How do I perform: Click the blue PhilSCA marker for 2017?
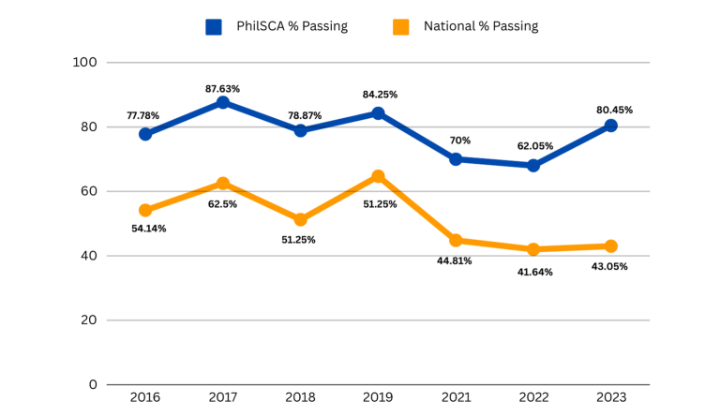(x=223, y=102)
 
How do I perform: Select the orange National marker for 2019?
(x=378, y=176)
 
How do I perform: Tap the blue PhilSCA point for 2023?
(x=610, y=126)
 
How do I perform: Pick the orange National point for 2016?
(x=145, y=210)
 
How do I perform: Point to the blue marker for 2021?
(x=456, y=159)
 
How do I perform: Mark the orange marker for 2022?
(x=532, y=249)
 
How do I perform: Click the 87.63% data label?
(x=223, y=89)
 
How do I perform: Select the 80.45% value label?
(x=614, y=110)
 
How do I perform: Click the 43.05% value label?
(x=608, y=266)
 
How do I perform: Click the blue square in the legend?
(x=214, y=27)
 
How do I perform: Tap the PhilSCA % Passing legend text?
(x=292, y=27)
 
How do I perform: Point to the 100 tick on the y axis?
(x=85, y=63)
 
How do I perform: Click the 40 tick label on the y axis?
(x=88, y=256)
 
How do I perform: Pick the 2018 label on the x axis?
(x=300, y=397)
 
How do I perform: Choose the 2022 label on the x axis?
(x=532, y=397)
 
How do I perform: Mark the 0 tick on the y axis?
(x=93, y=384)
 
